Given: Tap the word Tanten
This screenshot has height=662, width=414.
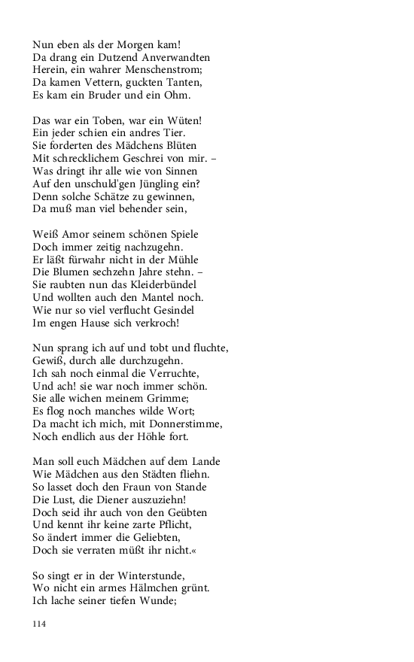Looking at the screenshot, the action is [184, 83].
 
